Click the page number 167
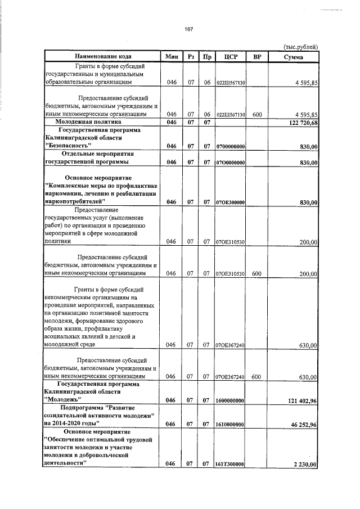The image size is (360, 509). coord(189,29)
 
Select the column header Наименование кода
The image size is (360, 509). coord(102,57)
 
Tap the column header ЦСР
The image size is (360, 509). coord(230,57)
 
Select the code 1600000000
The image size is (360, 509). coord(230,400)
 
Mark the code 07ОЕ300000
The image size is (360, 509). coord(230,202)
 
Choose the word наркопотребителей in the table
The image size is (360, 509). coord(75,201)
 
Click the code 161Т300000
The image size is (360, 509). coord(230,465)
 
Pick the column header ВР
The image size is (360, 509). coord(258,57)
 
